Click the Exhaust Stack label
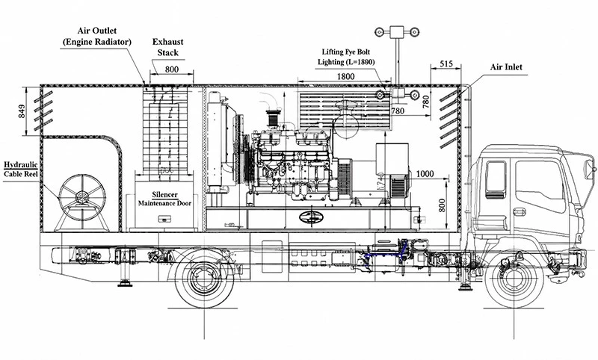pyautogui.click(x=167, y=47)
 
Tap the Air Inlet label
pyautogui.click(x=506, y=67)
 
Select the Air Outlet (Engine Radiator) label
pyautogui.click(x=97, y=36)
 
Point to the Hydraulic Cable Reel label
pyautogui.click(x=21, y=170)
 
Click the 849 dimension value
pyautogui.click(x=22, y=111)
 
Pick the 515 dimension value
pyautogui.click(x=446, y=63)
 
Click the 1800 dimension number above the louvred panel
pyautogui.click(x=345, y=76)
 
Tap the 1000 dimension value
pyautogui.click(x=425, y=174)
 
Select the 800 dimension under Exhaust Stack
pyautogui.click(x=172, y=69)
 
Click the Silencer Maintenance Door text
pyautogui.click(x=164, y=199)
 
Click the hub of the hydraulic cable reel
pyautogui.click(x=81, y=197)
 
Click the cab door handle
pyautogui.click(x=520, y=212)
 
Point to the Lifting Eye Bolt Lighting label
pyautogui.click(x=346, y=57)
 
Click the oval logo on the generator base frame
pyautogui.click(x=311, y=217)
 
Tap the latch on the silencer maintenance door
pyautogui.click(x=165, y=219)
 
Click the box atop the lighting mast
pyautogui.click(x=397, y=32)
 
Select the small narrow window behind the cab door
pyautogui.click(x=496, y=179)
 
